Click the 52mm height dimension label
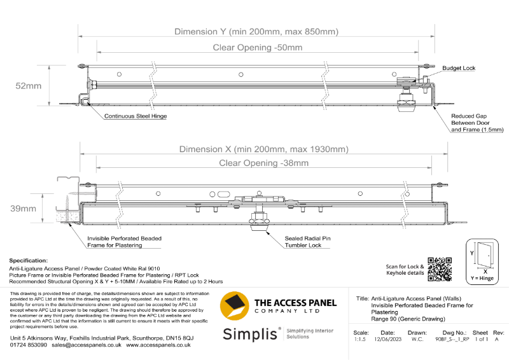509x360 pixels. point(29,86)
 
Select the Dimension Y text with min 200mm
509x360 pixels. point(256,31)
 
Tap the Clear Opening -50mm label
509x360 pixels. point(258,48)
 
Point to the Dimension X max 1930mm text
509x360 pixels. point(263,149)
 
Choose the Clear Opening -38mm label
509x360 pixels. point(263,163)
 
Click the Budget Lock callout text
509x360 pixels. point(459,68)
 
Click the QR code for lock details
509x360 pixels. point(439,269)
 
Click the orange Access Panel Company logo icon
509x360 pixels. point(234,306)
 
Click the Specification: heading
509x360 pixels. point(29,260)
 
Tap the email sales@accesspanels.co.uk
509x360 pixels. point(87,344)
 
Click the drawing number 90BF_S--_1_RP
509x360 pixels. point(452,340)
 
